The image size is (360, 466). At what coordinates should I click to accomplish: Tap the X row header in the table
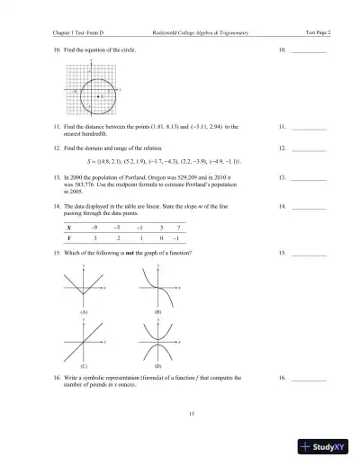point(70,229)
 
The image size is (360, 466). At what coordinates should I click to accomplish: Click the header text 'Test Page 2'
point(317,31)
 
